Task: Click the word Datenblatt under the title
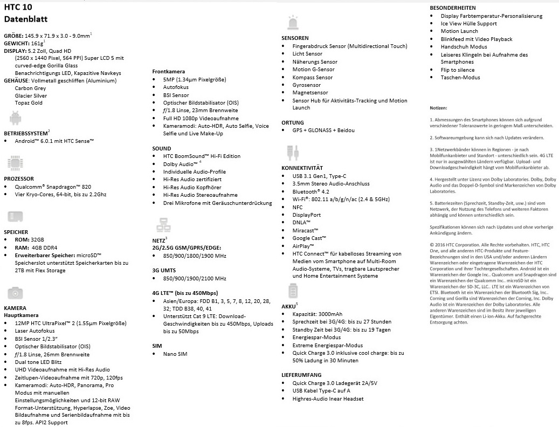pos(26,19)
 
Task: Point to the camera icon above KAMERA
pos(15,293)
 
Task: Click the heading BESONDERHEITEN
pos(452,8)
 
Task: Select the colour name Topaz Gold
pos(29,103)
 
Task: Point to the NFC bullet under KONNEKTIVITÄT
pos(298,207)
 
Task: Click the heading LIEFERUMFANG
pos(301,375)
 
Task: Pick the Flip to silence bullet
pos(458,70)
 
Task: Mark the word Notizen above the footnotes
pos(439,109)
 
